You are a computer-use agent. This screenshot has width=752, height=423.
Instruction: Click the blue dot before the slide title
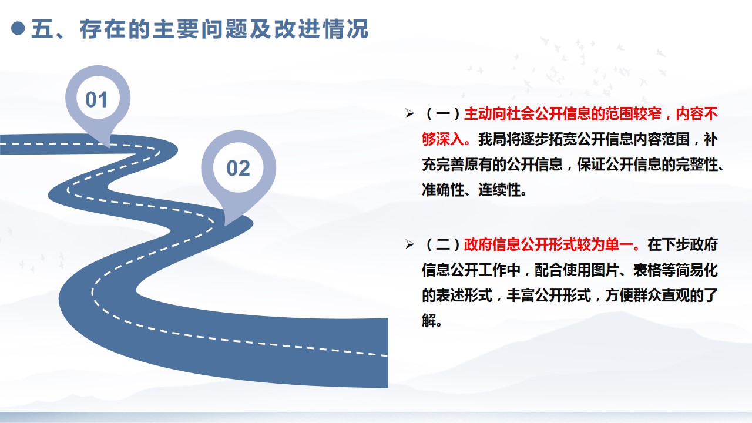[x=18, y=28]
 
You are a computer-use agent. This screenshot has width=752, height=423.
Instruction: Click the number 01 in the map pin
[x=96, y=100]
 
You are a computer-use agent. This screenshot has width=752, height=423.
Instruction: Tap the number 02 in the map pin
[x=239, y=168]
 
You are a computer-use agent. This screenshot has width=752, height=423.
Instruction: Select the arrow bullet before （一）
[x=409, y=113]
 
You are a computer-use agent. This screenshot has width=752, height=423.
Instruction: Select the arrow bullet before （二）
[x=409, y=244]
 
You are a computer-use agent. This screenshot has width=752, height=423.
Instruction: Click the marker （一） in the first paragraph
[x=443, y=114]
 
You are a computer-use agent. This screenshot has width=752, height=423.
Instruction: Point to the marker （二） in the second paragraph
[x=443, y=244]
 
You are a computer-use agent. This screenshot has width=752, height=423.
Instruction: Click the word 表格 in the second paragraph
[x=647, y=270]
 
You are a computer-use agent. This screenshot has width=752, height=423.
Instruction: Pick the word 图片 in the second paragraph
[x=605, y=270]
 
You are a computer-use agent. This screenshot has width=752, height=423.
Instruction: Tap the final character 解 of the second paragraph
[x=429, y=321]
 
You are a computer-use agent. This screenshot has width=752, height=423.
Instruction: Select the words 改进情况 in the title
[x=321, y=29]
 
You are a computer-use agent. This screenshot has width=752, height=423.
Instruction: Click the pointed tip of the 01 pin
[x=109, y=147]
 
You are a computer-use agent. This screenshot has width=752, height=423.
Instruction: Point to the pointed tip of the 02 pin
[x=225, y=224]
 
